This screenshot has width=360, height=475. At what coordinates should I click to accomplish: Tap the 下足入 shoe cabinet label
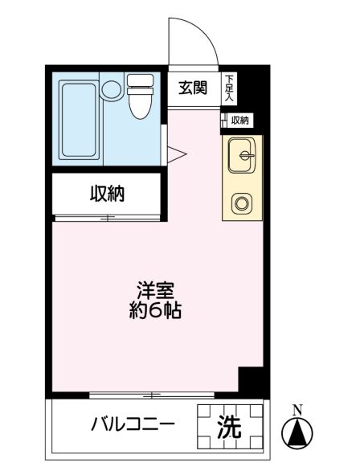pyautogui.click(x=229, y=88)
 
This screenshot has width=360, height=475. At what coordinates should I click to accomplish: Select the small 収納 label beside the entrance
pyautogui.click(x=239, y=121)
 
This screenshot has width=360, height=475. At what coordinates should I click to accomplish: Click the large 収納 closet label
pyautogui.click(x=106, y=194)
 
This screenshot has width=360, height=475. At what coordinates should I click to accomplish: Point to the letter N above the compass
pyautogui.click(x=297, y=409)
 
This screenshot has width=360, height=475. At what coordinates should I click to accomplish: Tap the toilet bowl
pyautogui.click(x=138, y=103)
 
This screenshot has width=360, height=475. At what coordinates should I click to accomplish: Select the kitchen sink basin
pyautogui.click(x=241, y=154)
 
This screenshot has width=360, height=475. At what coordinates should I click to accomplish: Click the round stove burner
pyautogui.click(x=242, y=203)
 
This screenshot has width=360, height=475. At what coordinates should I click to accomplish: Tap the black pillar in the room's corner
pyautogui.click(x=252, y=380)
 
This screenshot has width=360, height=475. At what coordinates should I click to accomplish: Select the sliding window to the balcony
pyautogui.click(x=152, y=394)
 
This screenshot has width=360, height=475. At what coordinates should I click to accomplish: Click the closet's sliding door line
pyautogui.click(x=107, y=217)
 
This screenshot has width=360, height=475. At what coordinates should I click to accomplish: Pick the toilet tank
pyautogui.click(x=140, y=81)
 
